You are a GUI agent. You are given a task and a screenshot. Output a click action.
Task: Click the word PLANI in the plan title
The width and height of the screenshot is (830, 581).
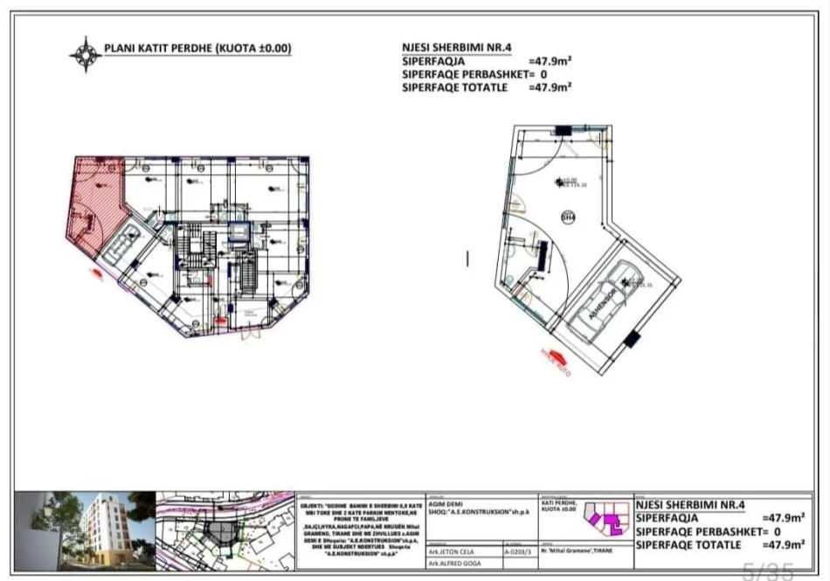point(118,50)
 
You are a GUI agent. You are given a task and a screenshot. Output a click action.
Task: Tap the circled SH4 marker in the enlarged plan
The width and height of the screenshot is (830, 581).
point(567,218)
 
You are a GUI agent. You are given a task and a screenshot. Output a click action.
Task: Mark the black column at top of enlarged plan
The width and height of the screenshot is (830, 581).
point(562,130)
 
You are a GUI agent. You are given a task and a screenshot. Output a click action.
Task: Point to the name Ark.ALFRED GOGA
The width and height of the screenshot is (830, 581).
point(450,565)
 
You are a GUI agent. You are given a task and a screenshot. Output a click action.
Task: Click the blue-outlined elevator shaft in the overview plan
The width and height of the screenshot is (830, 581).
point(238,232)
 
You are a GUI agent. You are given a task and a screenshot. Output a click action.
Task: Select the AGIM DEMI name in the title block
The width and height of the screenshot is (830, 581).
point(444,503)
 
